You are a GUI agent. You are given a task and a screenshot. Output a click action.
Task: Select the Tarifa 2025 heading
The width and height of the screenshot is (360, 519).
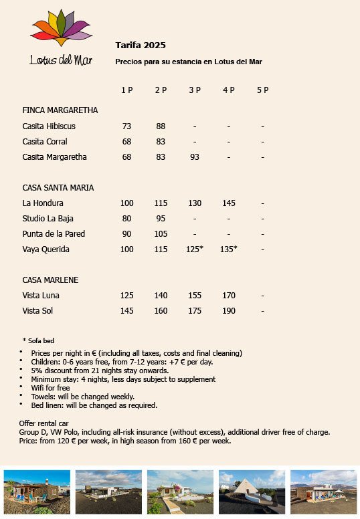click(141, 45)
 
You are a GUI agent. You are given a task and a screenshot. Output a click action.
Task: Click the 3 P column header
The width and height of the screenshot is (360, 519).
click(195, 90)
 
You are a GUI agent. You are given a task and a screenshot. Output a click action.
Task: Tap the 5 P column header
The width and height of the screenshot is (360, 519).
click(262, 90)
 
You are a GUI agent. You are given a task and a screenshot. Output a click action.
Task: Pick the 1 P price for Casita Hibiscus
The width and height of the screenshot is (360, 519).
click(127, 126)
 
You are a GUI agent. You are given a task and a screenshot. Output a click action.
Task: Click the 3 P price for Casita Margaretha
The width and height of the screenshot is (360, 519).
click(195, 157)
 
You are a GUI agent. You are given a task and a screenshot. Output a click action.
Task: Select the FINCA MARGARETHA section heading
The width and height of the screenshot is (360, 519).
click(60, 110)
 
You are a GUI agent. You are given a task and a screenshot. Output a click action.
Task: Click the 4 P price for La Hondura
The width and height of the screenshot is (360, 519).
click(229, 203)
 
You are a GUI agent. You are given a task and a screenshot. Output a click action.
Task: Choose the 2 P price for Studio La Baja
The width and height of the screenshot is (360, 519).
click(161, 218)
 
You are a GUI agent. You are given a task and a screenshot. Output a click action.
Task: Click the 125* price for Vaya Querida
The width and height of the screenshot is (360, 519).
click(195, 249)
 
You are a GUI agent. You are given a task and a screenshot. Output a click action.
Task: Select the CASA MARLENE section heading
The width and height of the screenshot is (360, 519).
click(50, 280)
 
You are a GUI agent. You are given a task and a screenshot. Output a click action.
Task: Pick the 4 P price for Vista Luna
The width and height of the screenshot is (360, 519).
click(229, 296)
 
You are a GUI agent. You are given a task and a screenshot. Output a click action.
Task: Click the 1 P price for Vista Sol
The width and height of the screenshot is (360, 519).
click(127, 311)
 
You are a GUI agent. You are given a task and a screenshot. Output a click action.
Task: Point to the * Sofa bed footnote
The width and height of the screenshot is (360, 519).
click(38, 341)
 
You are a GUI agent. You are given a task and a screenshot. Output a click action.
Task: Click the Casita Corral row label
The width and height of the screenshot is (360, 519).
click(45, 142)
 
